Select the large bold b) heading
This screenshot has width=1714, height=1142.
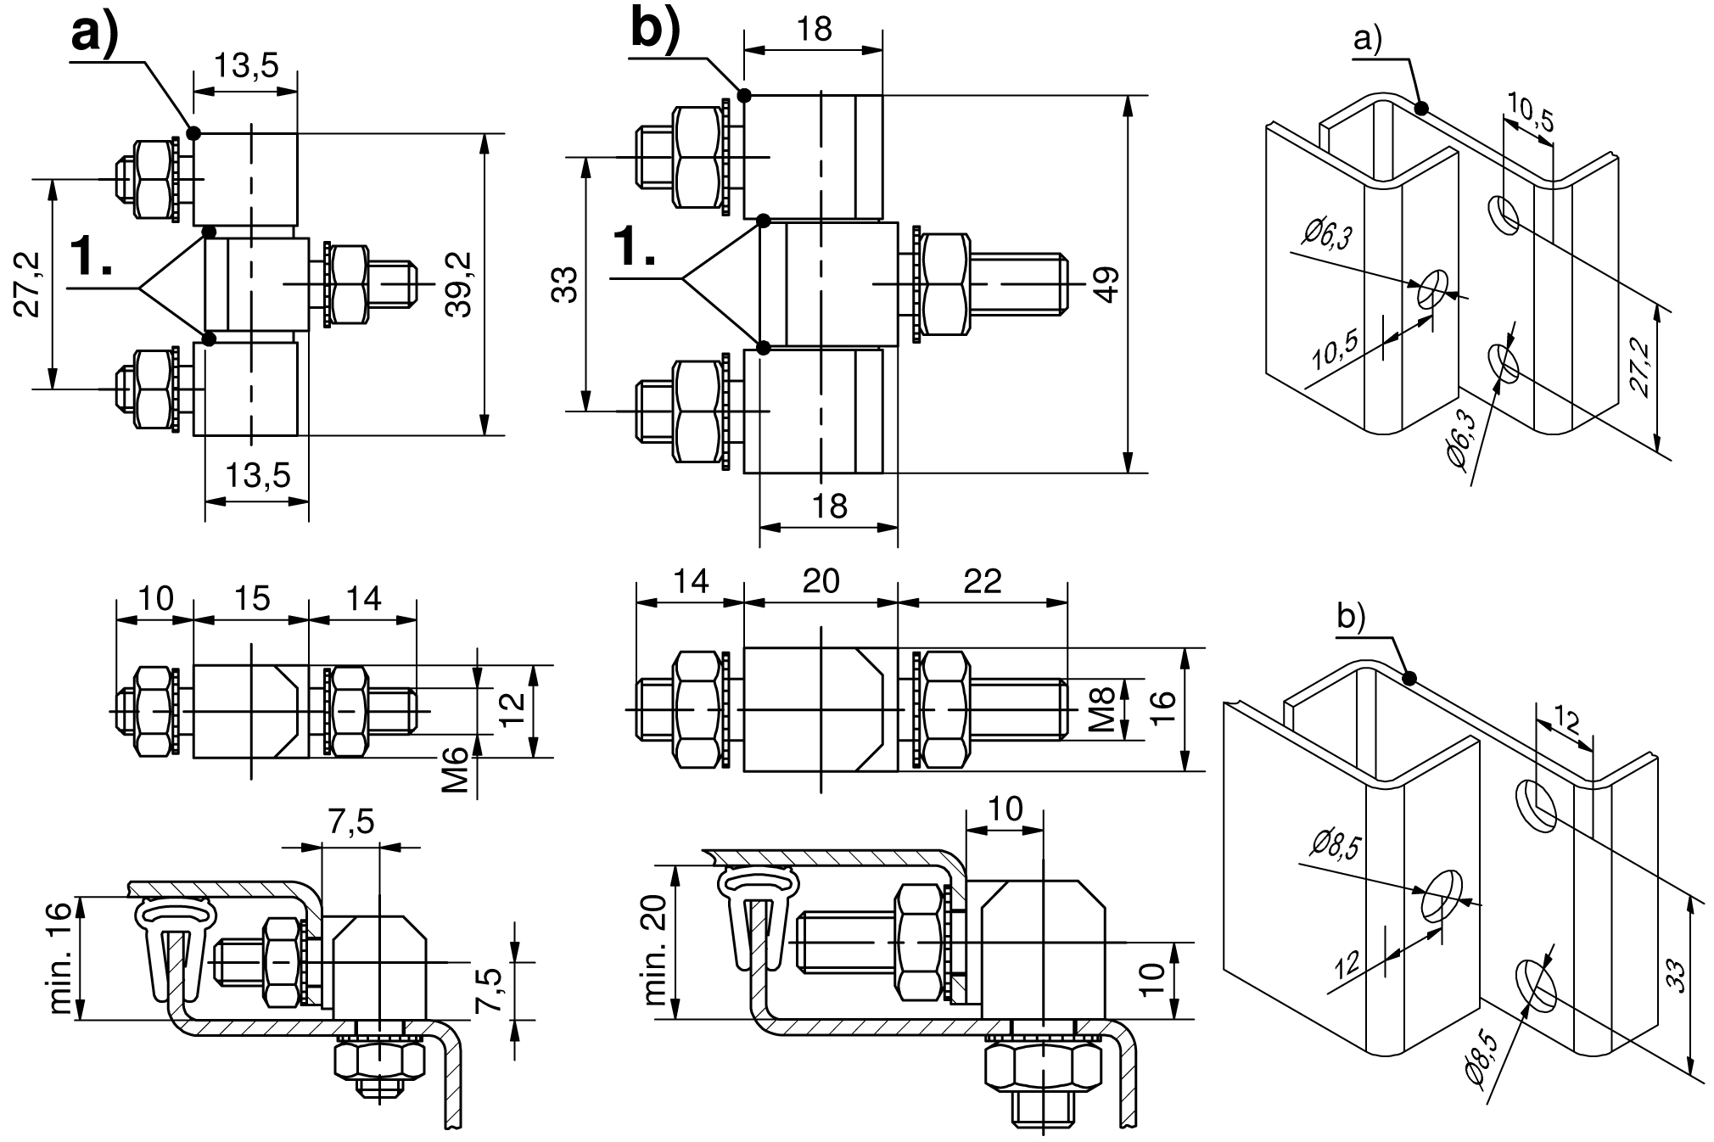point(656,30)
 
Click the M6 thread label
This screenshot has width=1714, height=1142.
point(457,770)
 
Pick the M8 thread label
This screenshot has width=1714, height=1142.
point(1101,709)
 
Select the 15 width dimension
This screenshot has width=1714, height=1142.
point(252,598)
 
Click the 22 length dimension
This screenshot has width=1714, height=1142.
point(982,580)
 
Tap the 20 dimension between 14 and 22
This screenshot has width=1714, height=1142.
point(821,580)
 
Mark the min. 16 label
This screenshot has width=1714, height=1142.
point(62,957)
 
